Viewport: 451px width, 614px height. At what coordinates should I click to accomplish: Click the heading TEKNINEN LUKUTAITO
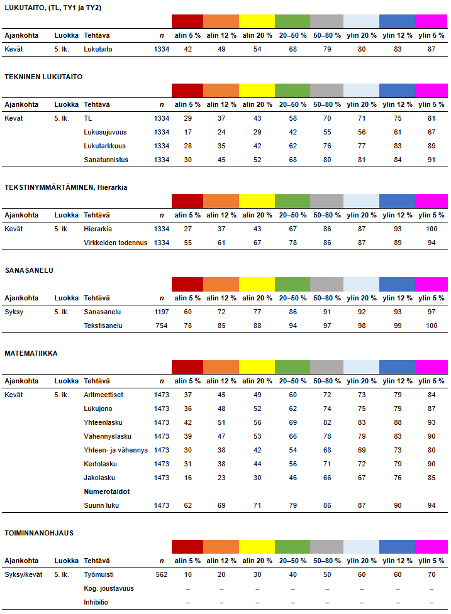(43, 77)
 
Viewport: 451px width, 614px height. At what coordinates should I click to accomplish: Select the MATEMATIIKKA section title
(31, 353)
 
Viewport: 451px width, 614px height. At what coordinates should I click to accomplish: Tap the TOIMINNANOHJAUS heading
(39, 533)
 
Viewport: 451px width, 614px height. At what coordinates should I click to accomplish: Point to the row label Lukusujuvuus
(106, 132)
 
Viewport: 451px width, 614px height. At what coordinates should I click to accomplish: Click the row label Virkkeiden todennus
(116, 243)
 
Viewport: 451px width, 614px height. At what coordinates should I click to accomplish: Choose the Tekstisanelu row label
(103, 326)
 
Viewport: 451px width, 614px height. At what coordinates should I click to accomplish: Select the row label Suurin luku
(101, 505)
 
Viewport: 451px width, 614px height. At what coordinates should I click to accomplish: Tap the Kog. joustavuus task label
(109, 588)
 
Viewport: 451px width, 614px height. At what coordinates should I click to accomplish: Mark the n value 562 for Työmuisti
(161, 574)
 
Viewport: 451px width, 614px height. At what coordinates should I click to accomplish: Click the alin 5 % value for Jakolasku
(187, 478)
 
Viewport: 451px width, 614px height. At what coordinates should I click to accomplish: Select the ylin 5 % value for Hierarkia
(432, 229)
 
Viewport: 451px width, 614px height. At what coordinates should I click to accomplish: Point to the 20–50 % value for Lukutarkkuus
(292, 146)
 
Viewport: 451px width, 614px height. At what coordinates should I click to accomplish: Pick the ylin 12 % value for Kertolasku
(397, 464)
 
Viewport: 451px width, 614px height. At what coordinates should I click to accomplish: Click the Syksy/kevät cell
(23, 574)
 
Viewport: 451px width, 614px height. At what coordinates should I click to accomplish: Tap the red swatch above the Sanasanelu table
(187, 284)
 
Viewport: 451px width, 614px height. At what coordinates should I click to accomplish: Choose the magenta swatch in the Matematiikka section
(432, 367)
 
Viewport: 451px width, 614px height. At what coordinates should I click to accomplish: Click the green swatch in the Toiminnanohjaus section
(292, 547)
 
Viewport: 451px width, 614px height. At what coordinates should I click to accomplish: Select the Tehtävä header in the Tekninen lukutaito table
(97, 104)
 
